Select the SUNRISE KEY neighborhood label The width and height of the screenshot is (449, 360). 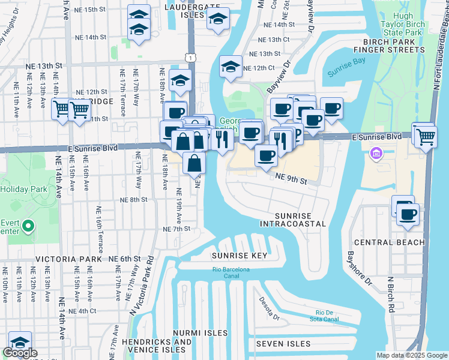(x=238, y=256)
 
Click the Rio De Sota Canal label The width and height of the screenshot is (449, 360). (x=328, y=316)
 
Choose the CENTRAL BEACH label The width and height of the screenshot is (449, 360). (x=389, y=242)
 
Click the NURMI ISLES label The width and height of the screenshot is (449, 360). (x=200, y=332)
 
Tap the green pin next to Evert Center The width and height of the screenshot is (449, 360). (x=28, y=226)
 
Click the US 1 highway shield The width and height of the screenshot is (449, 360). (x=190, y=57)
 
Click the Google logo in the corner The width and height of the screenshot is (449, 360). (x=20, y=353)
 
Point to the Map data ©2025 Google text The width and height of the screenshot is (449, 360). (x=411, y=355)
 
